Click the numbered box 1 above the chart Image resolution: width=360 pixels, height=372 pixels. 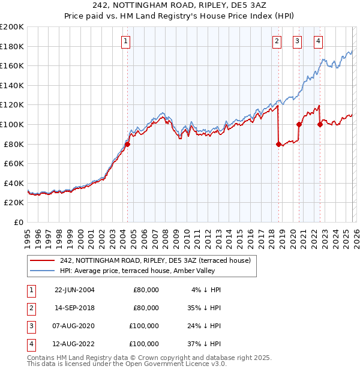(125, 41)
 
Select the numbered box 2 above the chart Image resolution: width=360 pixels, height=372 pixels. (277, 41)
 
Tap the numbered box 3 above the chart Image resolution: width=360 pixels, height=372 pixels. (297, 41)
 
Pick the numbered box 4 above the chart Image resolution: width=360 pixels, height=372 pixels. (318, 41)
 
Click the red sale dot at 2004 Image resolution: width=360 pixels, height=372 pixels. (128, 144)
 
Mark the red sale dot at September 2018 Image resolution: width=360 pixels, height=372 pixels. (278, 144)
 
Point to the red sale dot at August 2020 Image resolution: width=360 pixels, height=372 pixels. (299, 124)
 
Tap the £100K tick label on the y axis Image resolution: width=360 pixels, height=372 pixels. (12, 124)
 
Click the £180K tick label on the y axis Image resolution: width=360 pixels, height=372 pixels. (12, 46)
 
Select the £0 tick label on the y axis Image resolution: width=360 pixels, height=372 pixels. (18, 222)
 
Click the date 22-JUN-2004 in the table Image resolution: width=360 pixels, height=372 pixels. (74, 290)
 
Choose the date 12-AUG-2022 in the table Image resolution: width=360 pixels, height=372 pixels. (74, 344)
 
